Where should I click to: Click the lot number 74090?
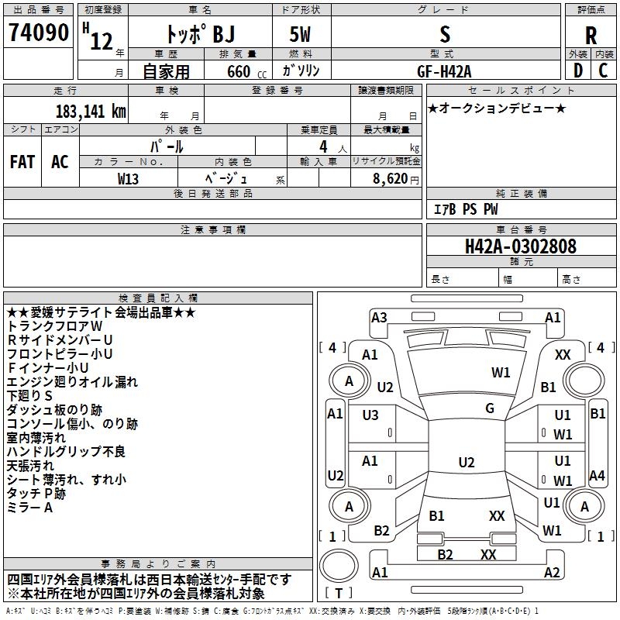click(x=38, y=33)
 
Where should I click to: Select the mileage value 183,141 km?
click(x=91, y=111)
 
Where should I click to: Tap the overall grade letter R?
click(x=591, y=35)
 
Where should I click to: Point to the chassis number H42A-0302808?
click(x=521, y=246)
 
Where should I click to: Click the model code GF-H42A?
click(x=444, y=71)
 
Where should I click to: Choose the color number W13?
click(x=128, y=179)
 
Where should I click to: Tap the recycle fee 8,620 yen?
click(x=395, y=179)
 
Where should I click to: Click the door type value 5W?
click(x=300, y=34)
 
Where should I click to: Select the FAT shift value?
click(x=22, y=162)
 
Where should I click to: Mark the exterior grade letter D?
click(x=578, y=71)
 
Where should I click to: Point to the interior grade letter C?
click(x=603, y=71)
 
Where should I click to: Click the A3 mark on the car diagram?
click(x=379, y=317)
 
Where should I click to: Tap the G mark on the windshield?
click(x=490, y=408)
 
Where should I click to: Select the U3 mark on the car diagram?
click(x=370, y=415)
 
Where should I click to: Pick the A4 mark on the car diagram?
click(x=597, y=475)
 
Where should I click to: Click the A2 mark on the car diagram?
click(x=552, y=572)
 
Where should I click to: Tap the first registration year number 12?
click(x=102, y=41)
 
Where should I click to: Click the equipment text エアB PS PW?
click(x=466, y=208)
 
